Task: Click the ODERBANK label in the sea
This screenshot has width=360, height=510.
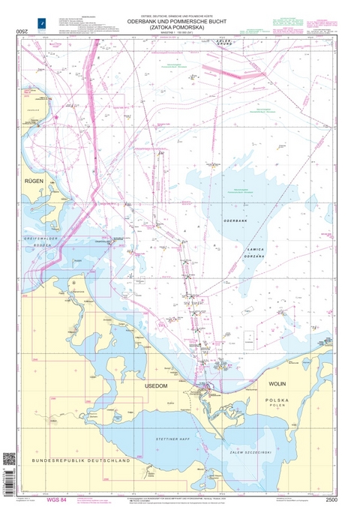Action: pyautogui.click(x=237, y=219)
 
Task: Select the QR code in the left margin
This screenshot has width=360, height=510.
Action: pyautogui.click(x=9, y=458)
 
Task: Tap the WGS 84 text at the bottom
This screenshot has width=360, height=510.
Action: pyautogui.click(x=57, y=498)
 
